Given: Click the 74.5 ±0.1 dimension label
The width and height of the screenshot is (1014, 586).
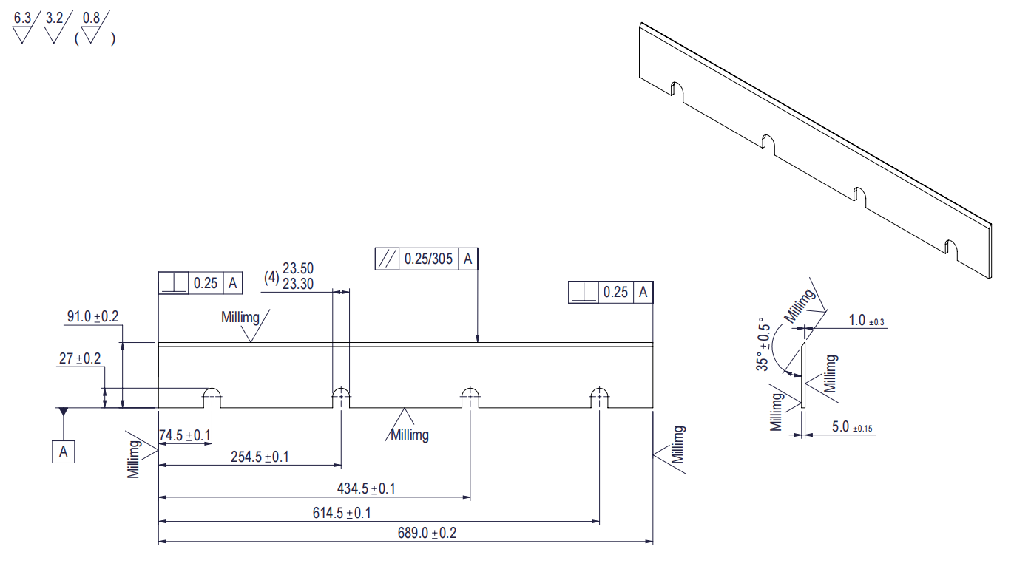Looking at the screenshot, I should coord(185,435).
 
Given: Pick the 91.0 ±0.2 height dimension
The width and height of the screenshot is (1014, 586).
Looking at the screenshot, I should coord(92,317).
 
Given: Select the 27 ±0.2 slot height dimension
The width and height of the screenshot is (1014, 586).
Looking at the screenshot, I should coord(80,358).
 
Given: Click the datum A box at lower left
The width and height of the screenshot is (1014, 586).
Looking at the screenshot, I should coord(64,452).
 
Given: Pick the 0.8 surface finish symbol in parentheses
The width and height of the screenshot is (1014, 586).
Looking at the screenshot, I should coord(91,27).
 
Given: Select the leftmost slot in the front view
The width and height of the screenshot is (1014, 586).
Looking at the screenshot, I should coord(213,397).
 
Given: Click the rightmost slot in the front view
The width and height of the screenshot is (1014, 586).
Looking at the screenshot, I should coord(598,397).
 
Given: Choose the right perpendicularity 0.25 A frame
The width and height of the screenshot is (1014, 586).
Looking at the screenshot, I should coord(610,293).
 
